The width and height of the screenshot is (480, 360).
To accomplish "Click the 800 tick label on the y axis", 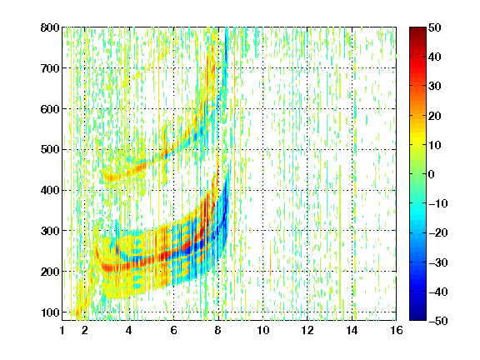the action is tap(50, 27).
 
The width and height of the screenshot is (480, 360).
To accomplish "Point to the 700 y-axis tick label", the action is tap(50, 68).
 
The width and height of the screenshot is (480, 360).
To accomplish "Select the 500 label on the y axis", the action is tap(50, 150).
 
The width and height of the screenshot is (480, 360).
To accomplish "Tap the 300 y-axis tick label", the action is tap(50, 231).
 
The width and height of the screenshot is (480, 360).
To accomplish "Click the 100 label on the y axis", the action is tap(50, 312).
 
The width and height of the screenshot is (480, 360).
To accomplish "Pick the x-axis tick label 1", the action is tap(62, 330).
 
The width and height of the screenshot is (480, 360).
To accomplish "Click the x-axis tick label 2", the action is tap(85, 330).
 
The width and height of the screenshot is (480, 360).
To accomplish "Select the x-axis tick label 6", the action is tap(173, 330).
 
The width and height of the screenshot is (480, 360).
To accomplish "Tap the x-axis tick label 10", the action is tap(262, 330).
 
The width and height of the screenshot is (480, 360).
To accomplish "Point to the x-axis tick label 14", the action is tap(352, 330).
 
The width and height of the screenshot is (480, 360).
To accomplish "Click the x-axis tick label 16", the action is tap(397, 330).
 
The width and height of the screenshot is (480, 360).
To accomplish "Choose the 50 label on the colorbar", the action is tap(435, 27).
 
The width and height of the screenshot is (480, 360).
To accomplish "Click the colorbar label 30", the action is tap(435, 87).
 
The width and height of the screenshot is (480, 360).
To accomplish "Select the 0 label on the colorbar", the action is tap(432, 174).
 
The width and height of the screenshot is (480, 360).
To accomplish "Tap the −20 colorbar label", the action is tap(438, 233).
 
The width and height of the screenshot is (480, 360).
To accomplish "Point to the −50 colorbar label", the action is tap(438, 321).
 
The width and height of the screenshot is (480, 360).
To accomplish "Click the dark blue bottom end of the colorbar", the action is tap(417, 318).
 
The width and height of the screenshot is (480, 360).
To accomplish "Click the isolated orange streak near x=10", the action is tap(270, 259).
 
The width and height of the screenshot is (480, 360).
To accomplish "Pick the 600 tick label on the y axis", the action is tap(50, 109).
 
